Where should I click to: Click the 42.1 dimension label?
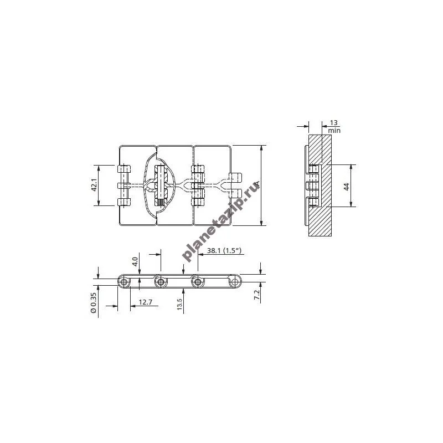point(94,185)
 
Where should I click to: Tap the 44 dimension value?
point(347,187)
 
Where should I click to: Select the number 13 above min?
point(334,123)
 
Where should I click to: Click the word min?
point(334,131)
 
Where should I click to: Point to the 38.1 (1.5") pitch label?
point(224,251)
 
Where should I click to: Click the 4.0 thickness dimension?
point(135,261)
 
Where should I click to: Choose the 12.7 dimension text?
point(146,302)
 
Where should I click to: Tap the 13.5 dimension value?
point(179,304)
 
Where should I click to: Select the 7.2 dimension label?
point(257,295)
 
